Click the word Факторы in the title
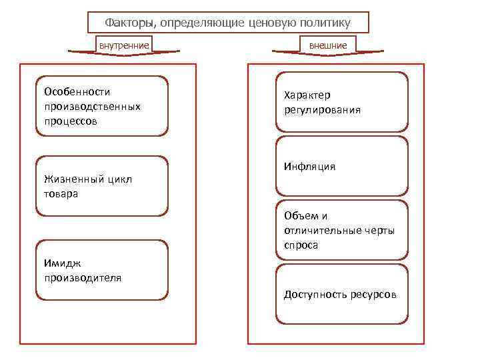(129, 23)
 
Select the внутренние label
(124, 45)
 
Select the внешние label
(328, 45)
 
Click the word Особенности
(77, 91)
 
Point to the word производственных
(92, 107)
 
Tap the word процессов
(70, 121)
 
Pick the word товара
(61, 194)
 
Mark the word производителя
(83, 277)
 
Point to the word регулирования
(322, 110)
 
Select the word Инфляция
(309, 167)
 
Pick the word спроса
(301, 245)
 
